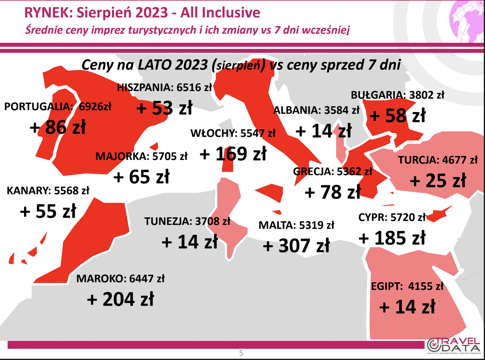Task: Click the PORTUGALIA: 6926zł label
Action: pyautogui.click(x=58, y=107)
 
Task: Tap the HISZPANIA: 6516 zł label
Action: pyautogui.click(x=164, y=87)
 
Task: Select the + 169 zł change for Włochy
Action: pyautogui.click(x=233, y=154)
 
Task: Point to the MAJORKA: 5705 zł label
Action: pyautogui.click(x=141, y=156)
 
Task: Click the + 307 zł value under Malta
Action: pyautogui.click(x=296, y=246)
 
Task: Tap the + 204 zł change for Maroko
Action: pyautogui.click(x=120, y=299)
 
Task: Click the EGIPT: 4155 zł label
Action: pyautogui.click(x=407, y=286)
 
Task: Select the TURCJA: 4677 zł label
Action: pyautogui.click(x=438, y=160)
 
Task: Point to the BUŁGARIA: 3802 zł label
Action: pyautogui.click(x=398, y=95)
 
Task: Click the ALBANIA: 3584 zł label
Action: pyautogui.click(x=317, y=110)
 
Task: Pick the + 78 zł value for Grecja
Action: pyautogui.click(x=333, y=192)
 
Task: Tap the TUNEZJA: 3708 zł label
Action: pyautogui.click(x=187, y=221)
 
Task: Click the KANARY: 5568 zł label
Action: pyautogui.click(x=48, y=191)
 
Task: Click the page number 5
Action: pyautogui.click(x=241, y=353)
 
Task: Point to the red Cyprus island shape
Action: pyautogui.click(x=438, y=214)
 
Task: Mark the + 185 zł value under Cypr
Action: pyautogui.click(x=392, y=238)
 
